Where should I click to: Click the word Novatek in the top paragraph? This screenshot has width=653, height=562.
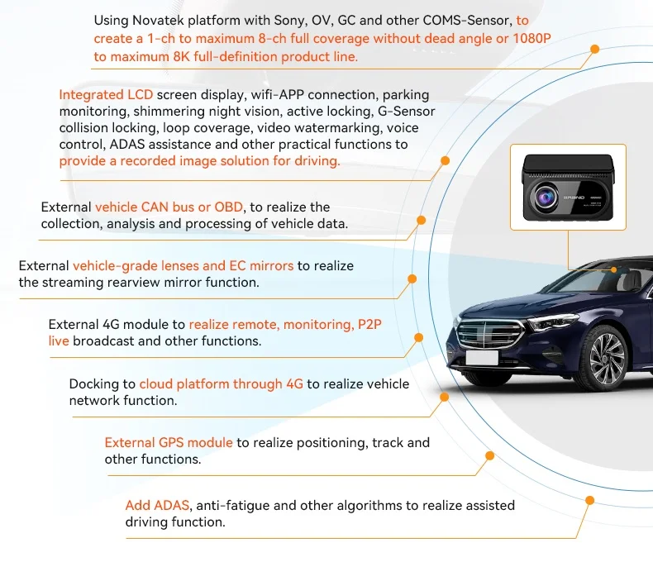point(160,20)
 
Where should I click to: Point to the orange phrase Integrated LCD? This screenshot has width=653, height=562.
point(106,95)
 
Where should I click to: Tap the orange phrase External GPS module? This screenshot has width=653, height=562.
point(169,443)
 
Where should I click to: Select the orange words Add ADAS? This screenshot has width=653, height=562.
point(158,505)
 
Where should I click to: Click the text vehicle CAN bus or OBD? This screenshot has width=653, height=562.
point(169,207)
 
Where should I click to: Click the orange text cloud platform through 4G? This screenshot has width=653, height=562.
point(222,383)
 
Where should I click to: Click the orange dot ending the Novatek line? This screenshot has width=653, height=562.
point(594,50)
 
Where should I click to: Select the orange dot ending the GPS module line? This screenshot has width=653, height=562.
point(489,455)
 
